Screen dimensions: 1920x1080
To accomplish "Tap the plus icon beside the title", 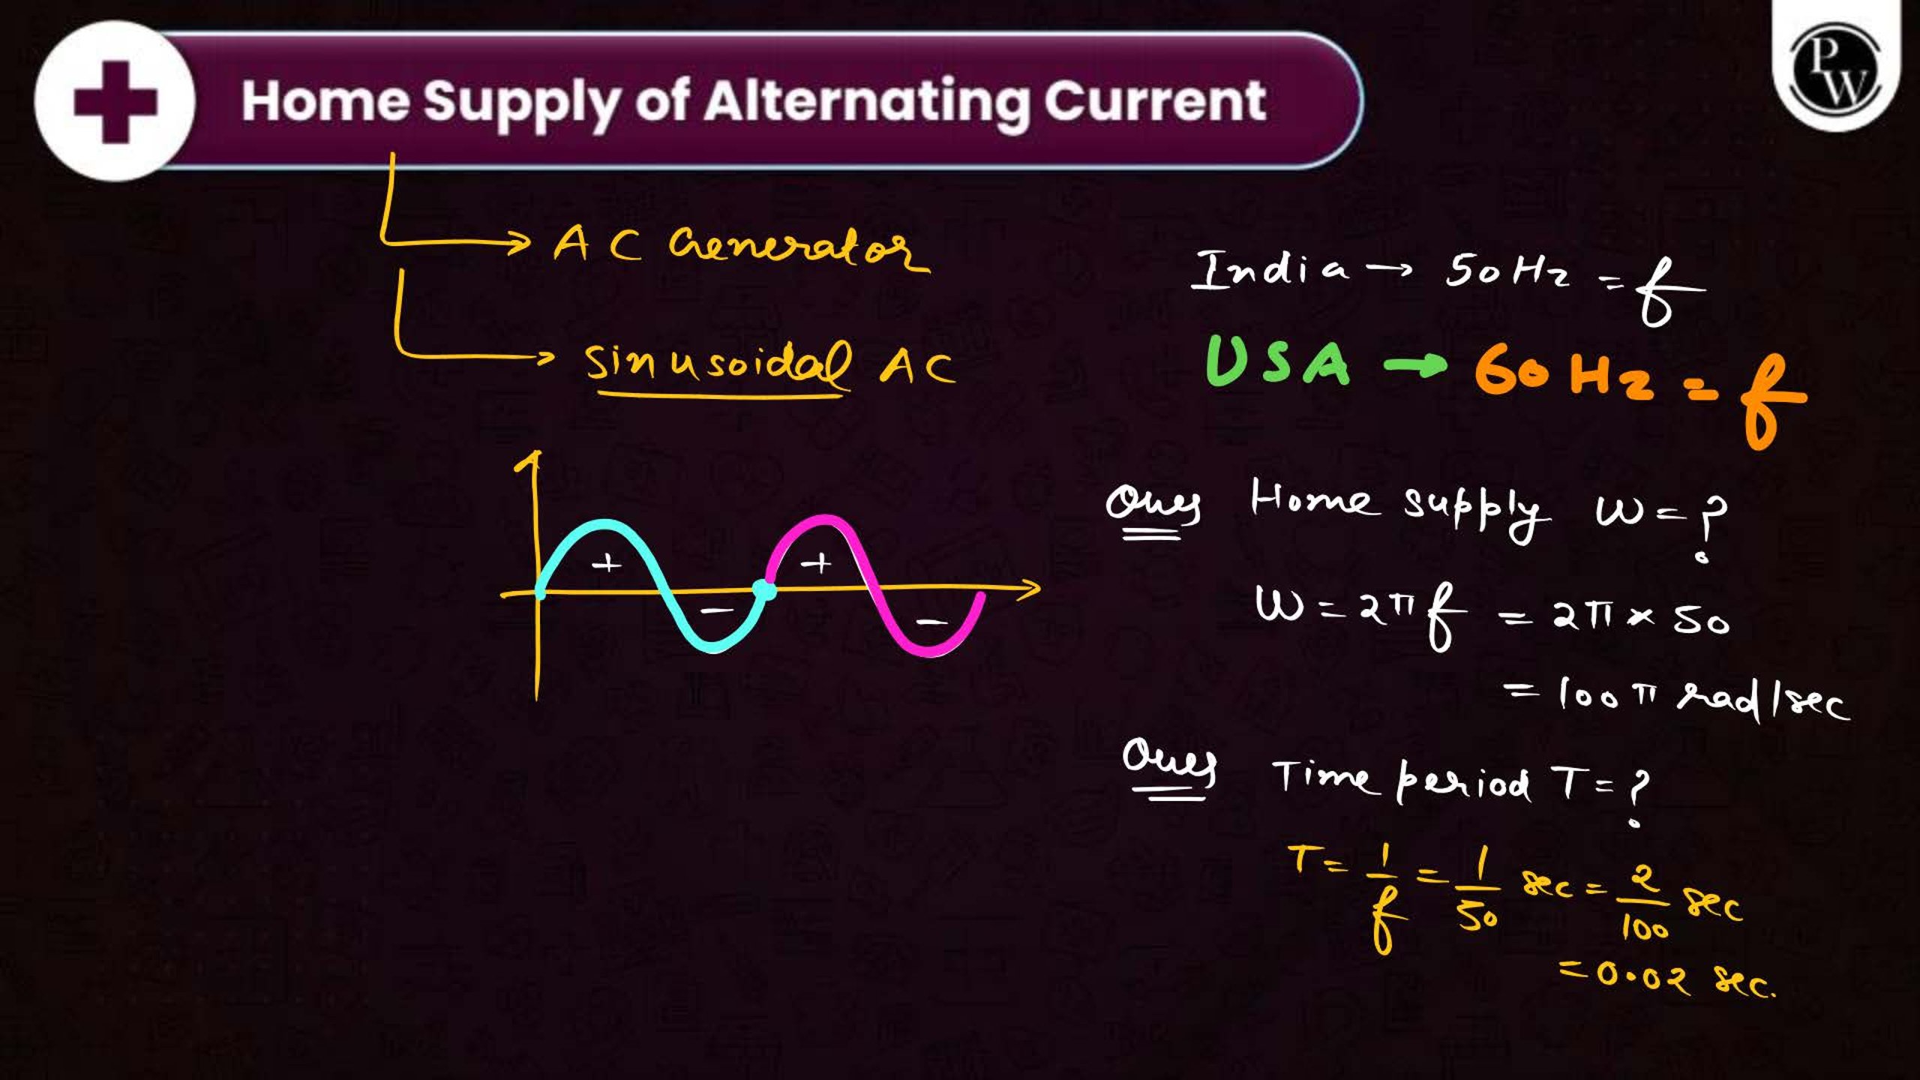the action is coord(115,102).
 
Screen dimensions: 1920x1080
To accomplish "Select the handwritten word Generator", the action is coord(798,246).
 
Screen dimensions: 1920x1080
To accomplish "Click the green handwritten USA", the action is coord(1277,361).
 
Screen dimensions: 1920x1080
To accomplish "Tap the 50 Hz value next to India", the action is coord(1507,271).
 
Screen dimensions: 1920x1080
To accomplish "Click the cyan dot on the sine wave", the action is coord(764,589).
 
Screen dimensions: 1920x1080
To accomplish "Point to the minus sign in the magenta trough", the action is coord(931,622).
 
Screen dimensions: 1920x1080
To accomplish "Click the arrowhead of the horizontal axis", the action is coord(1031,587).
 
